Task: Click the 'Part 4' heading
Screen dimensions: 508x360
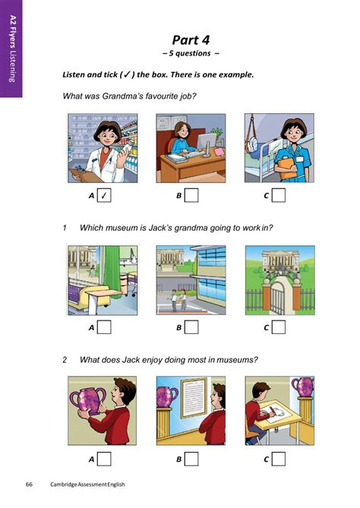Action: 191,40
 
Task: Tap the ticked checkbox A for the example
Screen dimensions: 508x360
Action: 105,196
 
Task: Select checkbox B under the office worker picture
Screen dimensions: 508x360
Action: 192,196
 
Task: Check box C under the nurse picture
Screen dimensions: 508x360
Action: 279,196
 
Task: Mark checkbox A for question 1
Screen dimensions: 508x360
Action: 105,327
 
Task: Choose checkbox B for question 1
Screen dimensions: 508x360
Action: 192,327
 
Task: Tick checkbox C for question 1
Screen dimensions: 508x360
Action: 279,327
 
